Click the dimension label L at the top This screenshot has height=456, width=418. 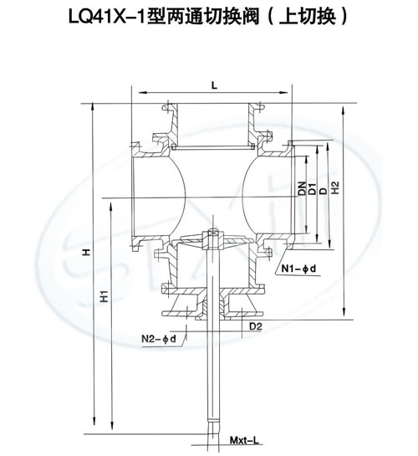point(214,85)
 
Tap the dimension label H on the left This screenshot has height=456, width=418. point(86,252)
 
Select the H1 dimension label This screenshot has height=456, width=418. point(104,296)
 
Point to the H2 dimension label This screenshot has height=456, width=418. point(335,188)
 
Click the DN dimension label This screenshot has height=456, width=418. point(303,188)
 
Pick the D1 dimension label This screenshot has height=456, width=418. point(312,189)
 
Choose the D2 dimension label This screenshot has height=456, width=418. point(256,326)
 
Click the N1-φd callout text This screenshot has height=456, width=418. point(298,269)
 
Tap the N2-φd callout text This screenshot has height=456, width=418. point(159,339)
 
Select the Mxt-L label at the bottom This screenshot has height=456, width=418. point(244,448)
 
